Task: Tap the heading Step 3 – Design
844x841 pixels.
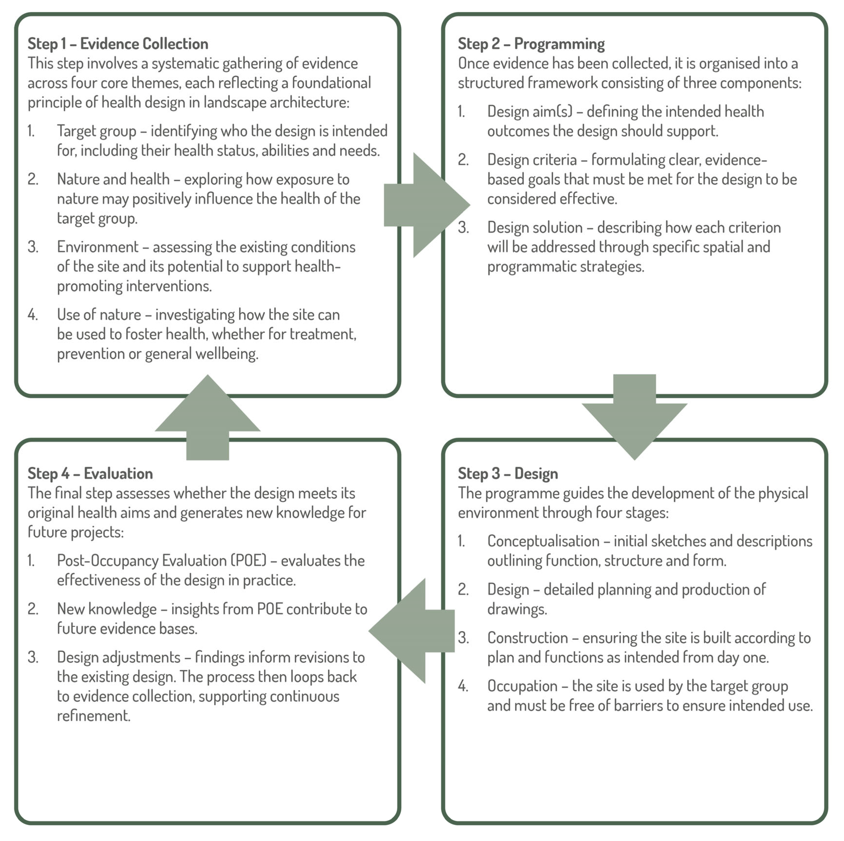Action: (x=508, y=474)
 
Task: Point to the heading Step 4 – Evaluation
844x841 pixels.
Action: (x=90, y=474)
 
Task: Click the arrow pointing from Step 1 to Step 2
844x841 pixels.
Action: (x=426, y=205)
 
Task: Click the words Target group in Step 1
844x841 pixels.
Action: (x=97, y=131)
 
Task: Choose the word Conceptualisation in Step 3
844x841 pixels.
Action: (x=543, y=541)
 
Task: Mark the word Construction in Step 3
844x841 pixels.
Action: (x=527, y=638)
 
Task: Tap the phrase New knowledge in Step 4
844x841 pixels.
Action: (x=107, y=609)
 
